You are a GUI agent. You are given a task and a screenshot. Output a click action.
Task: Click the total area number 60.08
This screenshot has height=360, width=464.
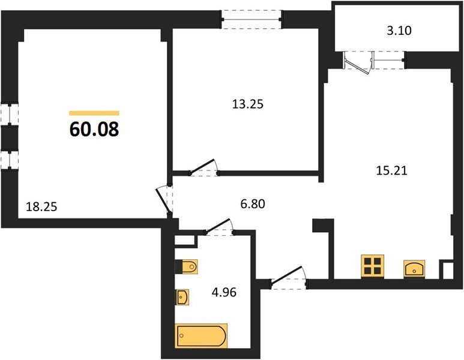94,129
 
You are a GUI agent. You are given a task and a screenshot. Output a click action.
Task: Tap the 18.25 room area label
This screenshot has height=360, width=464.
41,206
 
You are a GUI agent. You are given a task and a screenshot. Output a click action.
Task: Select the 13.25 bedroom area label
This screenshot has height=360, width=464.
248,104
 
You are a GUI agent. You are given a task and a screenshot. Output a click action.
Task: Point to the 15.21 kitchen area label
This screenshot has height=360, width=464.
391,170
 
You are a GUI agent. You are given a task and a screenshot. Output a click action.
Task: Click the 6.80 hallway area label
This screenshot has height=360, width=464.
253,204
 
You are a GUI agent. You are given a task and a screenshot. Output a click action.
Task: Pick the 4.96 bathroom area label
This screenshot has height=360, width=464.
224,292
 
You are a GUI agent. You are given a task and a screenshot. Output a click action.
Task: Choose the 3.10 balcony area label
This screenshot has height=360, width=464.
399,31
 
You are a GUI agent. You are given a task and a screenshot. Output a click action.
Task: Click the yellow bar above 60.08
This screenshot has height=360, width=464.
94,113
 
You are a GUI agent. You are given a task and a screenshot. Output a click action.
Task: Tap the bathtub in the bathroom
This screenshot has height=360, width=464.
202,336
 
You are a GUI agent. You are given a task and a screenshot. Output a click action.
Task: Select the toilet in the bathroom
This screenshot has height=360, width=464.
187,267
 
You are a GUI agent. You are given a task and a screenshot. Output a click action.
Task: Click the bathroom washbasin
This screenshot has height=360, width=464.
182,297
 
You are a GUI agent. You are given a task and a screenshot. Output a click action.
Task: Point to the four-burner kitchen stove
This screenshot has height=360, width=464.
373,266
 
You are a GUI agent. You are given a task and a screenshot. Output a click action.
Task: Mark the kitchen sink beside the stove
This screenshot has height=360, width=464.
414,269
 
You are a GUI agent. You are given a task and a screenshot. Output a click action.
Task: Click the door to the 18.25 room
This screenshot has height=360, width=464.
164,200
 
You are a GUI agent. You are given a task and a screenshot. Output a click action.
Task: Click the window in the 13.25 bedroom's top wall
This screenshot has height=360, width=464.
252,20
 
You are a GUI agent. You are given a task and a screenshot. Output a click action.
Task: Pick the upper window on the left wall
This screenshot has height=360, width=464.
10,114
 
